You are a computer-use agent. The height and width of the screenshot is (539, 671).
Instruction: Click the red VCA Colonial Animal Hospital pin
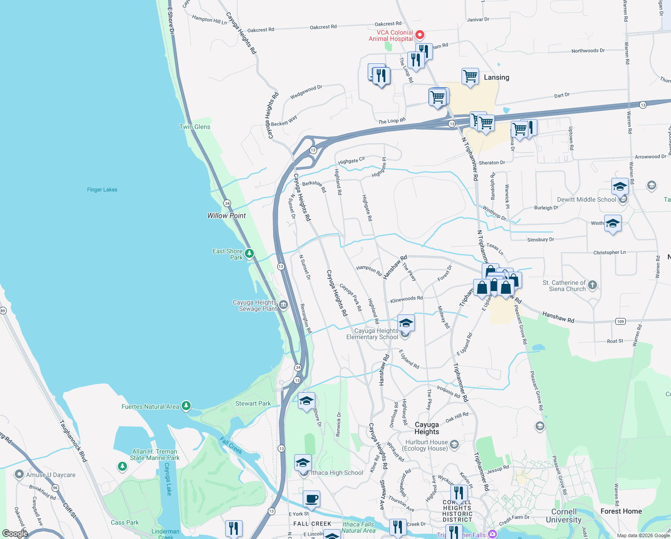point(420,35)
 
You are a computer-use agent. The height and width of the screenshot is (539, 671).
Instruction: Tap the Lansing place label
point(496,77)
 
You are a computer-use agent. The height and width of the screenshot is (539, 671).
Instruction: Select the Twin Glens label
point(195,127)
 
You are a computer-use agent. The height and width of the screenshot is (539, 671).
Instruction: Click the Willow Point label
point(226,216)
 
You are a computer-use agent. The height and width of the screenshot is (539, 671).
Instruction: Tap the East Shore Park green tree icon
point(249,254)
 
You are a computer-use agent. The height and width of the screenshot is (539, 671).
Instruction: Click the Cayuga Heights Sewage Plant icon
point(283,305)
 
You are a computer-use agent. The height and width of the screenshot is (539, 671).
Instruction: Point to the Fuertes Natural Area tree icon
point(186,406)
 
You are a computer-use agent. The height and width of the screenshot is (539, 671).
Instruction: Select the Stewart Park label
point(253,403)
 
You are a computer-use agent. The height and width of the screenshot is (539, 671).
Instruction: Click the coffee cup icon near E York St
point(311,499)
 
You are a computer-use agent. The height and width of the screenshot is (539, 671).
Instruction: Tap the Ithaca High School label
point(337,473)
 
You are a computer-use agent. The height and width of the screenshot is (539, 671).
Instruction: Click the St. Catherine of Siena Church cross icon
point(593,285)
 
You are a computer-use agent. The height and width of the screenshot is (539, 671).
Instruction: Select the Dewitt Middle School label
point(586,199)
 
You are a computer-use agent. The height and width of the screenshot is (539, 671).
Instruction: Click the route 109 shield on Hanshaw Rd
point(620,321)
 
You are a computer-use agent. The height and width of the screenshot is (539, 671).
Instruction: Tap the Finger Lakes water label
point(102,190)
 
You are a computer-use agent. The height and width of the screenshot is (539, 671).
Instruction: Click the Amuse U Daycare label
point(51,475)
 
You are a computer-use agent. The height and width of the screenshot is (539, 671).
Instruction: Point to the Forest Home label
point(621,511)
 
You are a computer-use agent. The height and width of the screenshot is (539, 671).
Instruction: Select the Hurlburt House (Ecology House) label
point(426,445)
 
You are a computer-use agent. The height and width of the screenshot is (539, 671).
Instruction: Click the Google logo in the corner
point(15,534)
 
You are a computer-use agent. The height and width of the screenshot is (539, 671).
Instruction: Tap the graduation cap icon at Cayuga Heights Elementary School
point(405,323)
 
